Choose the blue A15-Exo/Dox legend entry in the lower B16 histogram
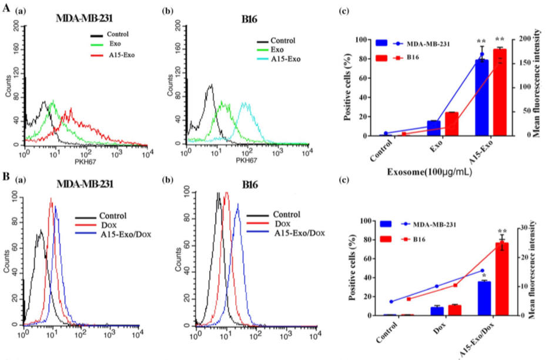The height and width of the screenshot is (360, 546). click(x=283, y=234)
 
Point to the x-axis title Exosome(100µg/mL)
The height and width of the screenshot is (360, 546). click(x=428, y=174)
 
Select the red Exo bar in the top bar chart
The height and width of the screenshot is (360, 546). click(x=451, y=124)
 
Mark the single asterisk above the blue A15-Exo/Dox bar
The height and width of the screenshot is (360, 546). click(x=484, y=275)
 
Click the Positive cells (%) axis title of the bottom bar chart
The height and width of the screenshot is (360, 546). click(x=352, y=268)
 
